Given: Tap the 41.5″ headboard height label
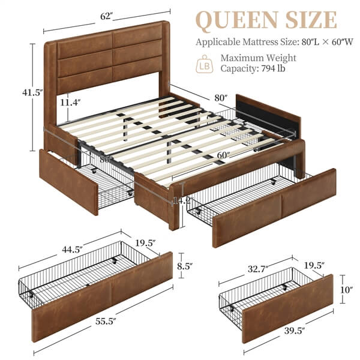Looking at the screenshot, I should [18, 93].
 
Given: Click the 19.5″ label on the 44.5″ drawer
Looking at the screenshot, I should [145, 242].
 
